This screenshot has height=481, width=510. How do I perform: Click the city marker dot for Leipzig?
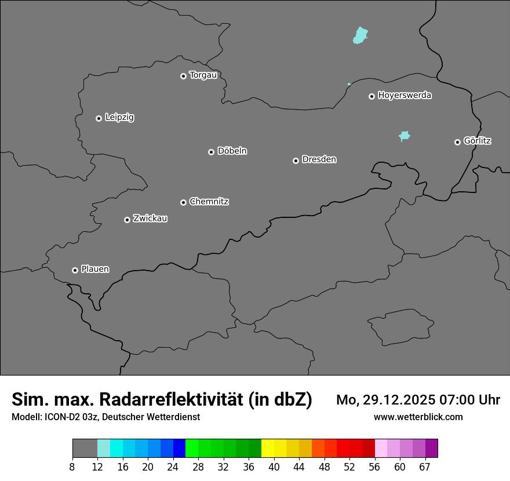coord(99,118)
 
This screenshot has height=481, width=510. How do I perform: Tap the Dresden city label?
coord(319,159)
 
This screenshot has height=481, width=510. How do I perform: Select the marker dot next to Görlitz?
coord(457,142)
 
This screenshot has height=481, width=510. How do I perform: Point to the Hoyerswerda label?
coord(405,96)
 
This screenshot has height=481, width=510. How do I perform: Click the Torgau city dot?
coord(183,76)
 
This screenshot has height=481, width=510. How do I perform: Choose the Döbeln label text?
coord(232,151)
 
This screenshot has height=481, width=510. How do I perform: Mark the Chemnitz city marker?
coord(183,202)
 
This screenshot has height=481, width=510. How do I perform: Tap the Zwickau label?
coord(150,218)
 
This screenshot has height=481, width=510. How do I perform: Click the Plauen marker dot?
coord(75,270)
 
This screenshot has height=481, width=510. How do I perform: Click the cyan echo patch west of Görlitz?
coord(405,136)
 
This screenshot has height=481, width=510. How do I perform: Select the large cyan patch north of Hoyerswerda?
coord(361,35)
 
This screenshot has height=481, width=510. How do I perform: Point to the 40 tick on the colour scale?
coord(274,467)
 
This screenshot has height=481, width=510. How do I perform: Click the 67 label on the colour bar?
coord(424,467)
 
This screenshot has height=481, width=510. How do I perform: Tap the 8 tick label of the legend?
coord(72,467)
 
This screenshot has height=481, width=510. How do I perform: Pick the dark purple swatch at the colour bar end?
coord(431,448)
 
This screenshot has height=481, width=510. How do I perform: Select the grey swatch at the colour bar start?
coord(85,448)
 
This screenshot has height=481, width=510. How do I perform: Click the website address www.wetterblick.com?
coord(418,417)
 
